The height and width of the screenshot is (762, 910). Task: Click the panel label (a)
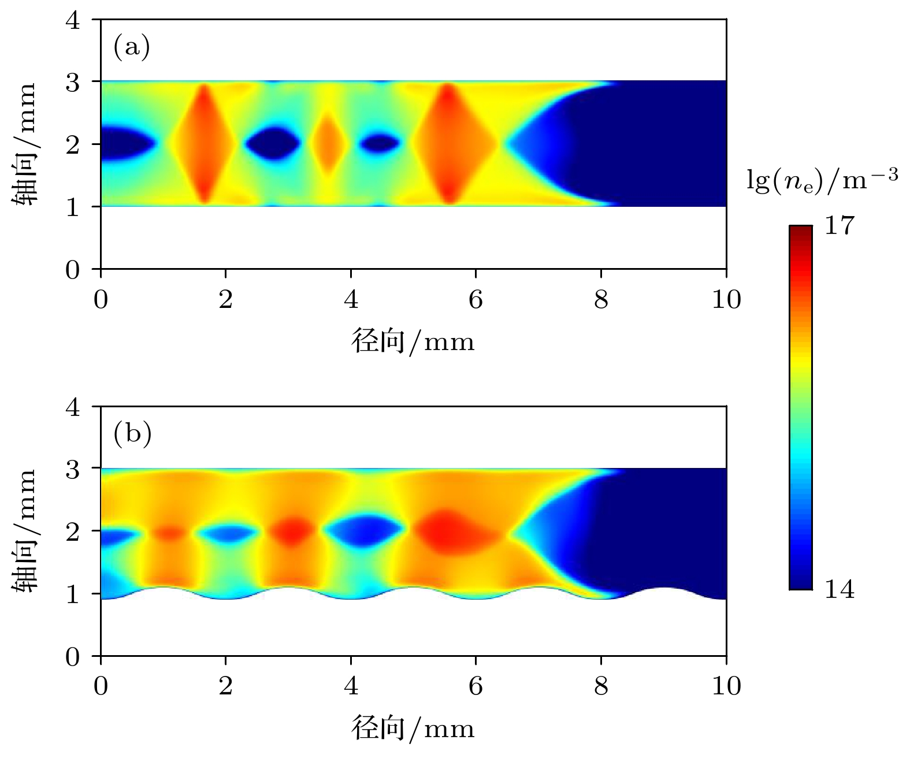pyautogui.click(x=132, y=47)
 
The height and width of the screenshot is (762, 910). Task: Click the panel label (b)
pyautogui.click(x=132, y=433)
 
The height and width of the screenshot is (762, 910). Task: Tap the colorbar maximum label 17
pyautogui.click(x=838, y=225)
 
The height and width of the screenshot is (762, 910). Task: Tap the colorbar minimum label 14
pyautogui.click(x=838, y=590)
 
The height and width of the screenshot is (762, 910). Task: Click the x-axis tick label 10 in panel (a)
pyautogui.click(x=726, y=299)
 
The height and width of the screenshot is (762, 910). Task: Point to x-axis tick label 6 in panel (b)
pyautogui.click(x=476, y=686)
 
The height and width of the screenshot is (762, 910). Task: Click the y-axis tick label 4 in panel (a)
pyautogui.click(x=73, y=21)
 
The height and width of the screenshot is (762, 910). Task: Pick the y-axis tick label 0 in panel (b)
pyautogui.click(x=73, y=657)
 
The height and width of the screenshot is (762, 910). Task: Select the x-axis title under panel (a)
pyautogui.click(x=413, y=341)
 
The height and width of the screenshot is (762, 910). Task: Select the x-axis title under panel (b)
pyautogui.click(x=413, y=728)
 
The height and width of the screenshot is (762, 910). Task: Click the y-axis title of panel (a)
pyautogui.click(x=24, y=143)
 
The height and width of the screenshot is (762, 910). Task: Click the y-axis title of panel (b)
pyautogui.click(x=24, y=530)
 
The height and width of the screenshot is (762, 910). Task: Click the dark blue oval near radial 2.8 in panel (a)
pyautogui.click(x=273, y=143)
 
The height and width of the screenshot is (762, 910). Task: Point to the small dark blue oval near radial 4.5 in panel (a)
pyautogui.click(x=379, y=143)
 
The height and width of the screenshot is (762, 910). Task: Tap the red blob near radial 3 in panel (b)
pyautogui.click(x=292, y=530)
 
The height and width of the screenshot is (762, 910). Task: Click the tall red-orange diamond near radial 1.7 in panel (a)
pyautogui.click(x=204, y=143)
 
